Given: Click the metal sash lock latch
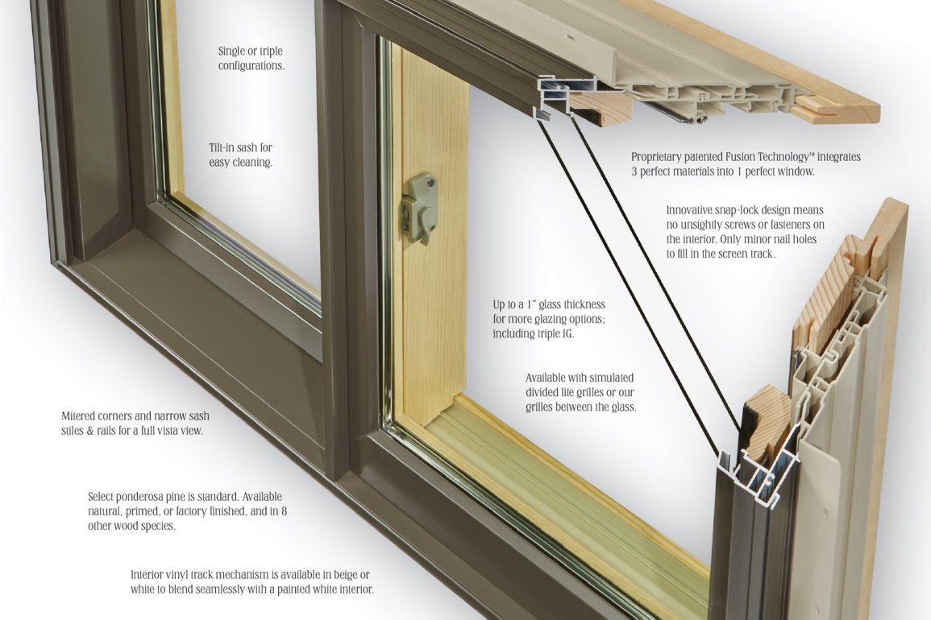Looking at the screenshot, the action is click(420, 207).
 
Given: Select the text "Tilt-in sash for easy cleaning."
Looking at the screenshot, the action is click(240, 155).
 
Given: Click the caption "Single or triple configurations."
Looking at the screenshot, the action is click(251, 58).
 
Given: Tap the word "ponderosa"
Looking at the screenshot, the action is click(148, 497).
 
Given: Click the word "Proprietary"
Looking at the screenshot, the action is click(658, 157).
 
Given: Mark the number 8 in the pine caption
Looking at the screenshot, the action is click(284, 511).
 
